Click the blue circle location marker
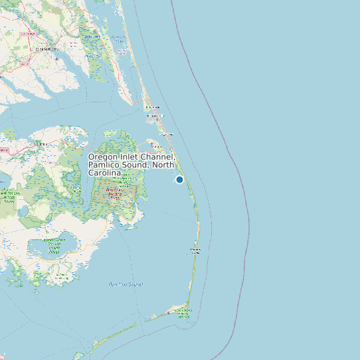tap(179, 179)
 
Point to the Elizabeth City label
tap(47, 49)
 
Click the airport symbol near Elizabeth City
tap(56, 58)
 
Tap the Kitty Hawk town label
tap(153, 107)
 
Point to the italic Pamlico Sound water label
tap(126, 284)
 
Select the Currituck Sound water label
tap(118, 39)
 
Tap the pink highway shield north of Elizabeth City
tap(29, 33)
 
